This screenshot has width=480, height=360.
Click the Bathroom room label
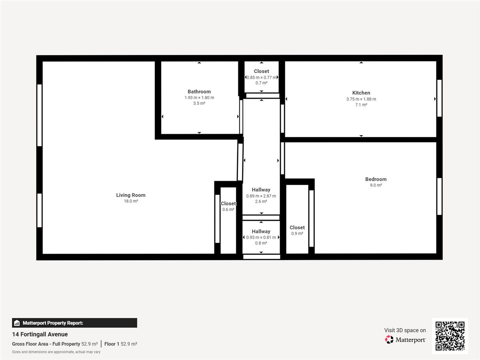click(199, 92)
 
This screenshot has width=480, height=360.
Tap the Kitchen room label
click(361, 93)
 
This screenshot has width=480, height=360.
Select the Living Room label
click(130, 195)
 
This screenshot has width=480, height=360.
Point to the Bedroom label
click(376, 179)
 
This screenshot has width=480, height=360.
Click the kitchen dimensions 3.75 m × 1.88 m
click(361, 99)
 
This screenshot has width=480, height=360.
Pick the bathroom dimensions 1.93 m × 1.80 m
click(199, 98)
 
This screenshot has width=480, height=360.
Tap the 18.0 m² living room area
click(131, 201)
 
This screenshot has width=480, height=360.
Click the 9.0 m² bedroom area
click(376, 185)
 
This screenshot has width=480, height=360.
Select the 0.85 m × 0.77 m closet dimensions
click(262, 77)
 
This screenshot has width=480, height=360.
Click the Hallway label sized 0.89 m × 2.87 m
click(261, 190)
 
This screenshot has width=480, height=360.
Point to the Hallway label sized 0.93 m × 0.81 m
click(261, 231)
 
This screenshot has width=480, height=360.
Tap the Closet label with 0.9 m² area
click(297, 228)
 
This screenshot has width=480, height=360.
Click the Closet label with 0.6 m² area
click(228, 204)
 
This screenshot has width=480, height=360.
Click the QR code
click(450, 336)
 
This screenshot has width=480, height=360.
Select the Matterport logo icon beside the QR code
click(389, 340)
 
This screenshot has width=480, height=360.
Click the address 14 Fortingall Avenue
click(40, 334)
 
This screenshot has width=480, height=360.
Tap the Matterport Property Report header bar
click(74, 323)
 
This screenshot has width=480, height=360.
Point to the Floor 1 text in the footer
click(112, 344)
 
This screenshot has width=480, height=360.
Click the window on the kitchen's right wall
click(439, 98)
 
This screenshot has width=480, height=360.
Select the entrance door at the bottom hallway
click(262, 257)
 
